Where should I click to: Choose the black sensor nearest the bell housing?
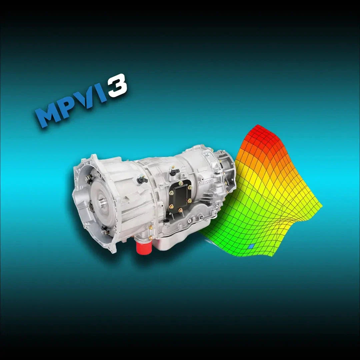(142, 180)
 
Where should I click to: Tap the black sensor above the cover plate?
(174, 172)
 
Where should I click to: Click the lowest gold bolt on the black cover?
(180, 210)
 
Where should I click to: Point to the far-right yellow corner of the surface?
(321, 205)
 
